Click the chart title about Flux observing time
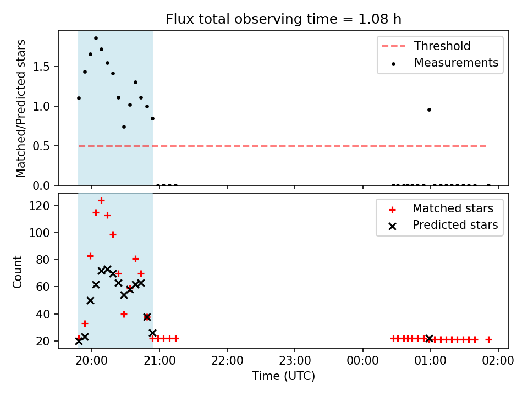pos(284,19)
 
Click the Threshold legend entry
pos(426,46)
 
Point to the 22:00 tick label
pos(227,361)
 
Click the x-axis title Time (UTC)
pos(284,376)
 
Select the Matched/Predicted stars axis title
pos(20,108)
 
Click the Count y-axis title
pos(17,271)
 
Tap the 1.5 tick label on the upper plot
pos(41,67)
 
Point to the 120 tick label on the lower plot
pos(39,206)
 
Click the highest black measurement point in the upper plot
pos(96,38)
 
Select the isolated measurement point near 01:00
pos(429,110)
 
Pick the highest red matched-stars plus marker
pos(101,201)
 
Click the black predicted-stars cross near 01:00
pos(429,339)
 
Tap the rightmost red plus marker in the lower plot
pos(488,340)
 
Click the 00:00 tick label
pos(362,361)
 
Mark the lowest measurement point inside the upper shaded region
pos(124,127)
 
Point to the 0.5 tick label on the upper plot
pos(41,146)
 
